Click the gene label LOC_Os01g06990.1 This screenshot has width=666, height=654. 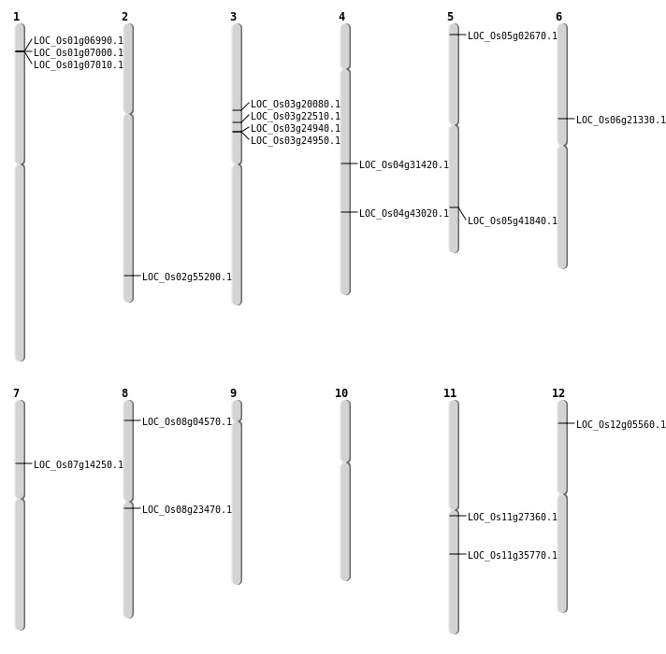(79, 41)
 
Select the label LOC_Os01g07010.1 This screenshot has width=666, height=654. (79, 65)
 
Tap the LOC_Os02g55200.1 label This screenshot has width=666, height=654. (187, 277)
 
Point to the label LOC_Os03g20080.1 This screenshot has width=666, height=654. (296, 105)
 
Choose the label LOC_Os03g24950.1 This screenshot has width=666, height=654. (296, 141)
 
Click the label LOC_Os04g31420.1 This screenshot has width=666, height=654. (404, 165)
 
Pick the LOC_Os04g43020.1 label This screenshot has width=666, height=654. (404, 214)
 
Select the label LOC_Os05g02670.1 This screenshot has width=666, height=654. (513, 36)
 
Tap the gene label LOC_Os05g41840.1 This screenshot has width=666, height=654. (513, 221)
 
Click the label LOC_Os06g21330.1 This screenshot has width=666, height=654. (621, 121)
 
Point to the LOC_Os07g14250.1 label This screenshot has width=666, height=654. (79, 465)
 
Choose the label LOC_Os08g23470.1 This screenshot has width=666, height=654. (187, 510)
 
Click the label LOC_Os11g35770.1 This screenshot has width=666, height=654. (513, 556)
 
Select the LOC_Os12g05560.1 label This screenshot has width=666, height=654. (621, 425)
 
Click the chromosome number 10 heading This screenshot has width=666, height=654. (341, 393)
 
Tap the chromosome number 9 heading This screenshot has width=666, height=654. (233, 393)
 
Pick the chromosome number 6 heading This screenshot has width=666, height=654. (558, 17)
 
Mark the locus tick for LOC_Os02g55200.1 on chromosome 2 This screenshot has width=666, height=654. (128, 276)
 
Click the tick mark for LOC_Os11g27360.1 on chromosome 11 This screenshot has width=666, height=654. (454, 516)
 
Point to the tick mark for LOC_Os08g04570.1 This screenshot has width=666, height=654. (128, 420)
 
